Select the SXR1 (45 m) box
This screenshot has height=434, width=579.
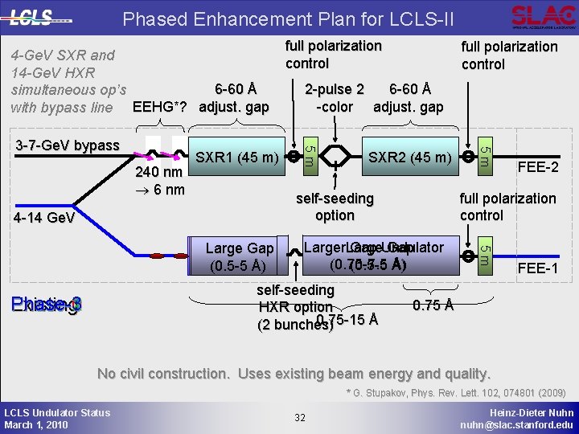point(237,156)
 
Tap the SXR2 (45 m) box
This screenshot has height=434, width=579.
point(409,156)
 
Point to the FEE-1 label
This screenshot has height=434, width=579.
point(538,268)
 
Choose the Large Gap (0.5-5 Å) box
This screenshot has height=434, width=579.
point(240,257)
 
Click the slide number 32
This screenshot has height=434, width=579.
point(300,417)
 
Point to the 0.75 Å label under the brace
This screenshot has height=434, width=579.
point(433,305)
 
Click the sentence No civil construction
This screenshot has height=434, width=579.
point(294,374)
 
